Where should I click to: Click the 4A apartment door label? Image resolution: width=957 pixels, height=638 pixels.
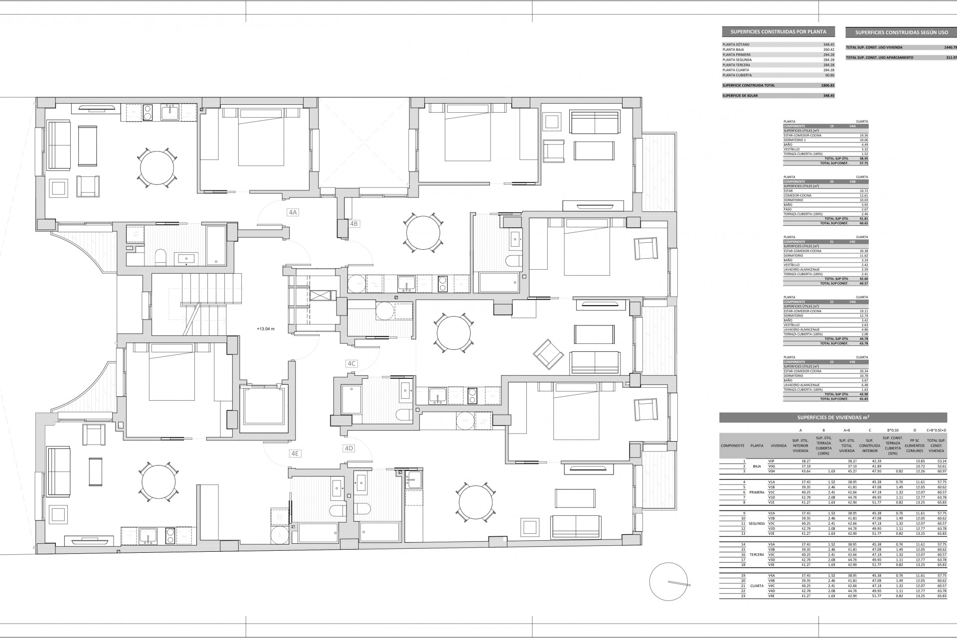[293, 212]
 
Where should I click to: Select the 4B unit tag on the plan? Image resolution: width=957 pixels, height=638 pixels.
[354, 224]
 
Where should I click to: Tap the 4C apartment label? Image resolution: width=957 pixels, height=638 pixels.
[351, 363]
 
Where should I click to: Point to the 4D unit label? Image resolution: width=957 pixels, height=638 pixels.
[349, 449]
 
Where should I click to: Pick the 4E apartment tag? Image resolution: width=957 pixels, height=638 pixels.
[295, 454]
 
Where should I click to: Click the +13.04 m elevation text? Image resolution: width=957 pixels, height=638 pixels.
[266, 329]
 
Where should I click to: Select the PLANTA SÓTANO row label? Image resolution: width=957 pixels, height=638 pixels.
[736, 44]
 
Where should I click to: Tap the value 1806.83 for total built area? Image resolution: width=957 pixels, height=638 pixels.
[828, 85]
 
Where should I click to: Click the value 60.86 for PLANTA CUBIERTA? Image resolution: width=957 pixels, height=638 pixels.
[829, 75]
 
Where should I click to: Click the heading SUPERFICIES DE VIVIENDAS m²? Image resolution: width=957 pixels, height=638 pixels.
[833, 418]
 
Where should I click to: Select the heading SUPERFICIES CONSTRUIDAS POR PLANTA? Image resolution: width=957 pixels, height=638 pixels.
[778, 31]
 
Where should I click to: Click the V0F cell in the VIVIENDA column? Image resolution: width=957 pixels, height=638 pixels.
[772, 462]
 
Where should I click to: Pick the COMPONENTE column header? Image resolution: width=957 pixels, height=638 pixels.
[732, 446]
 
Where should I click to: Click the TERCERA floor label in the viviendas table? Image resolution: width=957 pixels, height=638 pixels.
[757, 555]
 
